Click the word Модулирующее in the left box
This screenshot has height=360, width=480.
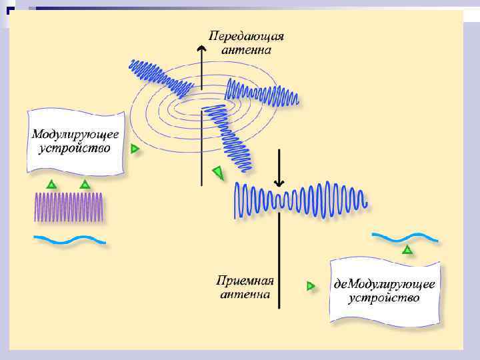[76, 133]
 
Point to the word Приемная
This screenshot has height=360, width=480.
[245, 281]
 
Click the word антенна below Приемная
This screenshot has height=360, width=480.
[245, 294]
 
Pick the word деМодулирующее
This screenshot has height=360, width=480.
[385, 284]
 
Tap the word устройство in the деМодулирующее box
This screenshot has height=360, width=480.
[384, 298]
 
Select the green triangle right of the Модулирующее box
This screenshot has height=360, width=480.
[135, 149]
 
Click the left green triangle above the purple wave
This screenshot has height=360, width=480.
[51, 184]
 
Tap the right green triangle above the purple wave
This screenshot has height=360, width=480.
[84, 184]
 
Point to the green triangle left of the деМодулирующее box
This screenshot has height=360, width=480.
[311, 285]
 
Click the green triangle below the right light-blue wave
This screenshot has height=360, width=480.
[407, 250]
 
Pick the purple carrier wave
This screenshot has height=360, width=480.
[69, 207]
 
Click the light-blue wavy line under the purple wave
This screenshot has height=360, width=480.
[70, 239]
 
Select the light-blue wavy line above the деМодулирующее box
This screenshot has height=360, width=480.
[405, 237]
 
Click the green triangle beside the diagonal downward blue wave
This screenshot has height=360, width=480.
[218, 173]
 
